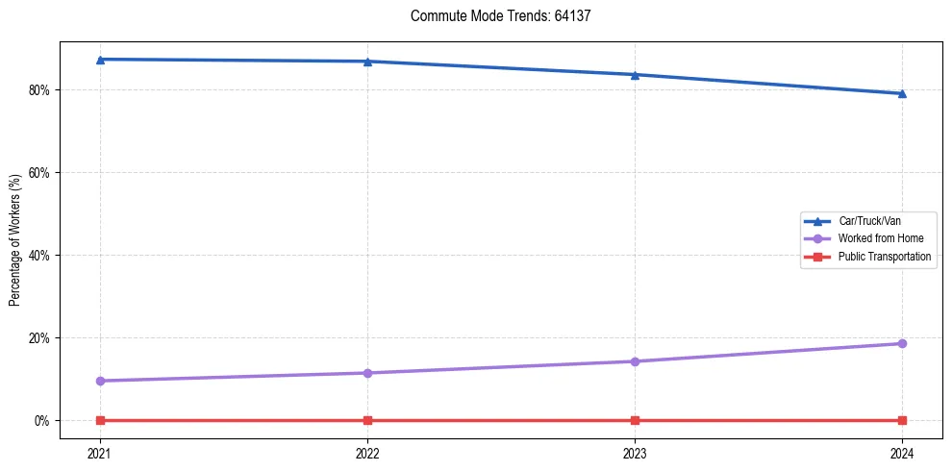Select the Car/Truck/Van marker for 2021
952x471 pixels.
pyautogui.click(x=101, y=60)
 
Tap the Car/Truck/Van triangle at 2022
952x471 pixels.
pyautogui.click(x=367, y=62)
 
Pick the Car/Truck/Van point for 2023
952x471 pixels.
pyautogui.click(x=635, y=74)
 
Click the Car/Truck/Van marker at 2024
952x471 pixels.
pyautogui.click(x=902, y=93)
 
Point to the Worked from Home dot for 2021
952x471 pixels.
pyautogui.click(x=101, y=381)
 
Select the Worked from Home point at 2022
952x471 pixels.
pyautogui.click(x=367, y=373)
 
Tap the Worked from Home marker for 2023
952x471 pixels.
pyautogui.click(x=635, y=361)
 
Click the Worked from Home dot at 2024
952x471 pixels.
pyautogui.click(x=902, y=343)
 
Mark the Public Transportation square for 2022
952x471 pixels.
pyautogui.click(x=367, y=420)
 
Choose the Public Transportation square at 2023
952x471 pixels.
pyautogui.click(x=635, y=420)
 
